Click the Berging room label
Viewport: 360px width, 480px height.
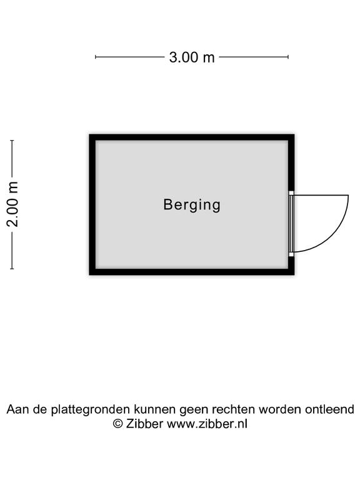click(x=192, y=205)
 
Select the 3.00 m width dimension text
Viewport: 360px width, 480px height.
click(x=192, y=57)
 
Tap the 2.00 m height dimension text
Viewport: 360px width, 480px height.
click(x=12, y=204)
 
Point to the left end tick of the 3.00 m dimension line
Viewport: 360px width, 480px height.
click(x=96, y=57)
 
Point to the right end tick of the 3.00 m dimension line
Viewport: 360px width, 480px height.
click(x=288, y=57)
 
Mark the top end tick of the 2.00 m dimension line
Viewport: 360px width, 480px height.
click(x=12, y=141)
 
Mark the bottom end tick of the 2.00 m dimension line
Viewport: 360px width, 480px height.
click(x=12, y=269)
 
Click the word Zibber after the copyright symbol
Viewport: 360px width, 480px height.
click(x=144, y=424)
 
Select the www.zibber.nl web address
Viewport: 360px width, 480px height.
click(x=207, y=424)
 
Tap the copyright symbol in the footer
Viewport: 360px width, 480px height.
click(x=118, y=424)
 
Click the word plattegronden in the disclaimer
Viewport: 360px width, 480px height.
click(x=91, y=409)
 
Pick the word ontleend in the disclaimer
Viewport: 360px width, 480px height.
click(x=329, y=409)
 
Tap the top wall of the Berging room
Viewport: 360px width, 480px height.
click(x=192, y=137)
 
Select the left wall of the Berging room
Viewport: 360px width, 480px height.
click(x=92, y=204)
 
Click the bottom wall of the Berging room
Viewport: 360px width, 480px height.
click(x=192, y=272)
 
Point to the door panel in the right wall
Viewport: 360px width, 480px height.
click(x=291, y=224)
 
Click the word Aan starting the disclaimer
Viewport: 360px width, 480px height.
click(x=15, y=409)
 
